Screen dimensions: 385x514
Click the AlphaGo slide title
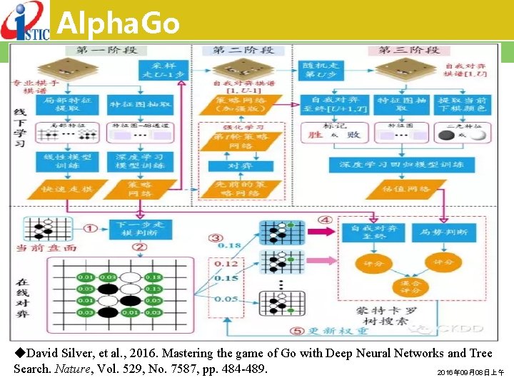click(118, 23)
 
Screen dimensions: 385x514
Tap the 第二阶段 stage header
click(243, 50)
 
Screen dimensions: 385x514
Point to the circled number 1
click(91, 228)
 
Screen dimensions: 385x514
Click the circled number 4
click(325, 220)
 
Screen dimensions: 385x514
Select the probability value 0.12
click(228, 264)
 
